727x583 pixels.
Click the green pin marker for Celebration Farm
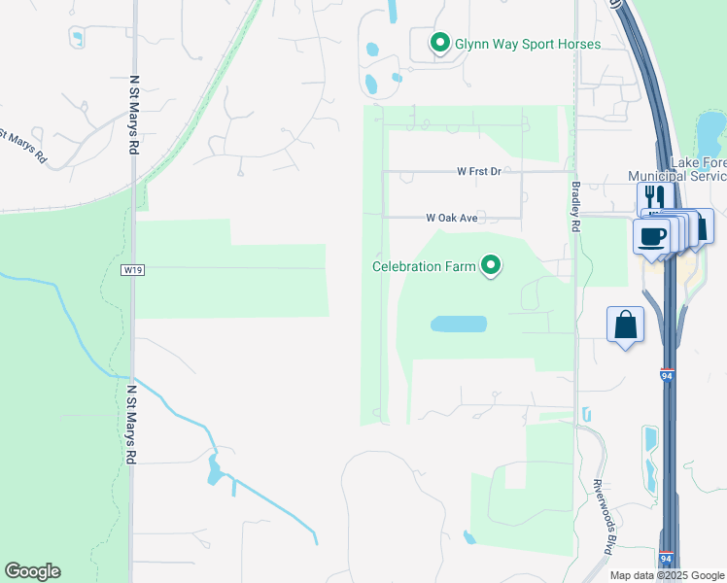point(492,264)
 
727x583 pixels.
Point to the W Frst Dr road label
point(478,171)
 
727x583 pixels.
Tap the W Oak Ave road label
point(452,218)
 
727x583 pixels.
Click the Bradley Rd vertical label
point(575,209)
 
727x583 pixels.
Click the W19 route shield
point(133,270)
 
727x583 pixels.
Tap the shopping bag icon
point(626,325)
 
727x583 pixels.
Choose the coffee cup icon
point(651,235)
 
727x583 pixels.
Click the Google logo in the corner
point(32,571)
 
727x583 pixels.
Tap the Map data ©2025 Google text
point(667,575)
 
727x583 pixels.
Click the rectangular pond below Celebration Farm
point(458,324)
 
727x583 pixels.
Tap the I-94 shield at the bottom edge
point(666,560)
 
